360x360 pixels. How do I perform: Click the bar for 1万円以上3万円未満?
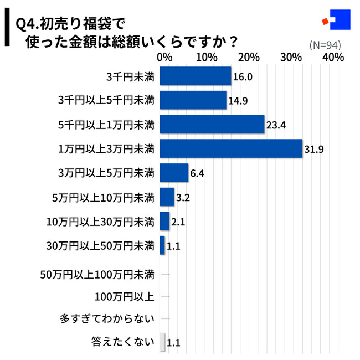pos(230,148)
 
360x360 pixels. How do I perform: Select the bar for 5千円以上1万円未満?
pos(212,125)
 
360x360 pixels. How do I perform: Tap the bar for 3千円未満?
pos(195,76)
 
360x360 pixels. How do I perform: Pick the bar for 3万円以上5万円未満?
pos(174,173)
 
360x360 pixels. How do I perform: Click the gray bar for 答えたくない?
pos(162,342)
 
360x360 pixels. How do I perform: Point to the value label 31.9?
pos(314,149)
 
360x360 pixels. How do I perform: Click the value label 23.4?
pos(275,125)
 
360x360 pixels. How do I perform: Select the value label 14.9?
pos(238,101)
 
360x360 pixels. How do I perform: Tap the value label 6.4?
pos(198,173)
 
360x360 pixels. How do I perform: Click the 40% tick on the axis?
pos(333,58)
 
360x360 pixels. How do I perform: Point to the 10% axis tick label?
pos(206,58)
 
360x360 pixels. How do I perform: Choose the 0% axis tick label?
pos(164,58)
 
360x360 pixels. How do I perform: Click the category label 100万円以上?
pos(124,296)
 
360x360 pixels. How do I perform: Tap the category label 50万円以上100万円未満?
pos(97,273)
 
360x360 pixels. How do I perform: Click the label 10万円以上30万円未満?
pos(100,222)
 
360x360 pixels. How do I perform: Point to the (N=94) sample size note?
pos(325,45)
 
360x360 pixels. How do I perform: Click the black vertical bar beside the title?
pos(7,30)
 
